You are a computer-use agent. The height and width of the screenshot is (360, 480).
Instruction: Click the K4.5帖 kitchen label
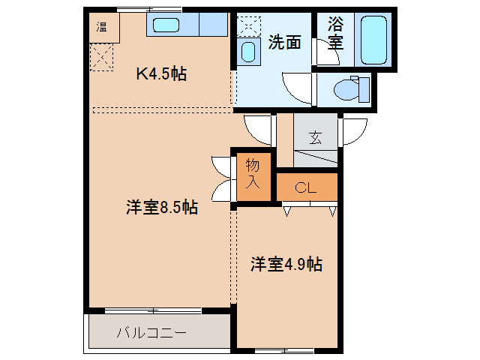(x=160, y=73)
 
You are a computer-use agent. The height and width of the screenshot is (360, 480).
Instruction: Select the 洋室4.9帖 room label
(x=286, y=264)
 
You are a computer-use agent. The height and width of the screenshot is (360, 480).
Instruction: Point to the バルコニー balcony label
(x=151, y=332)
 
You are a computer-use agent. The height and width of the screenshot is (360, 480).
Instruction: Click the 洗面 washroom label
(x=284, y=43)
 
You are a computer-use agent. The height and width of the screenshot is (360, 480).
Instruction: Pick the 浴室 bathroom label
(x=335, y=33)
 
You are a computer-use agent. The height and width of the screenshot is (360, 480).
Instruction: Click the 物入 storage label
(x=253, y=174)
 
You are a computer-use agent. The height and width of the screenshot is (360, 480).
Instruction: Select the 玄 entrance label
(x=316, y=137)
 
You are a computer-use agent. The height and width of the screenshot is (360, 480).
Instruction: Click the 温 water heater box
(x=100, y=28)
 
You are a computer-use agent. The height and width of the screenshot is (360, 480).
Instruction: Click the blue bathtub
(x=373, y=39)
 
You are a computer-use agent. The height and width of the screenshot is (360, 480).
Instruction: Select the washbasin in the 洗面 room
(x=248, y=52)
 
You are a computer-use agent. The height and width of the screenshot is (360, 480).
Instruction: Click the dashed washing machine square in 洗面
(x=248, y=25)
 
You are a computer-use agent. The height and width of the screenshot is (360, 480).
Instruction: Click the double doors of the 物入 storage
(x=222, y=178)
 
